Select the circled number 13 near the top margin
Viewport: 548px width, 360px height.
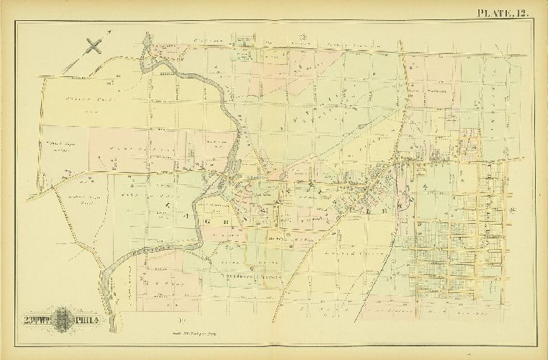click(x=305, y=37)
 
